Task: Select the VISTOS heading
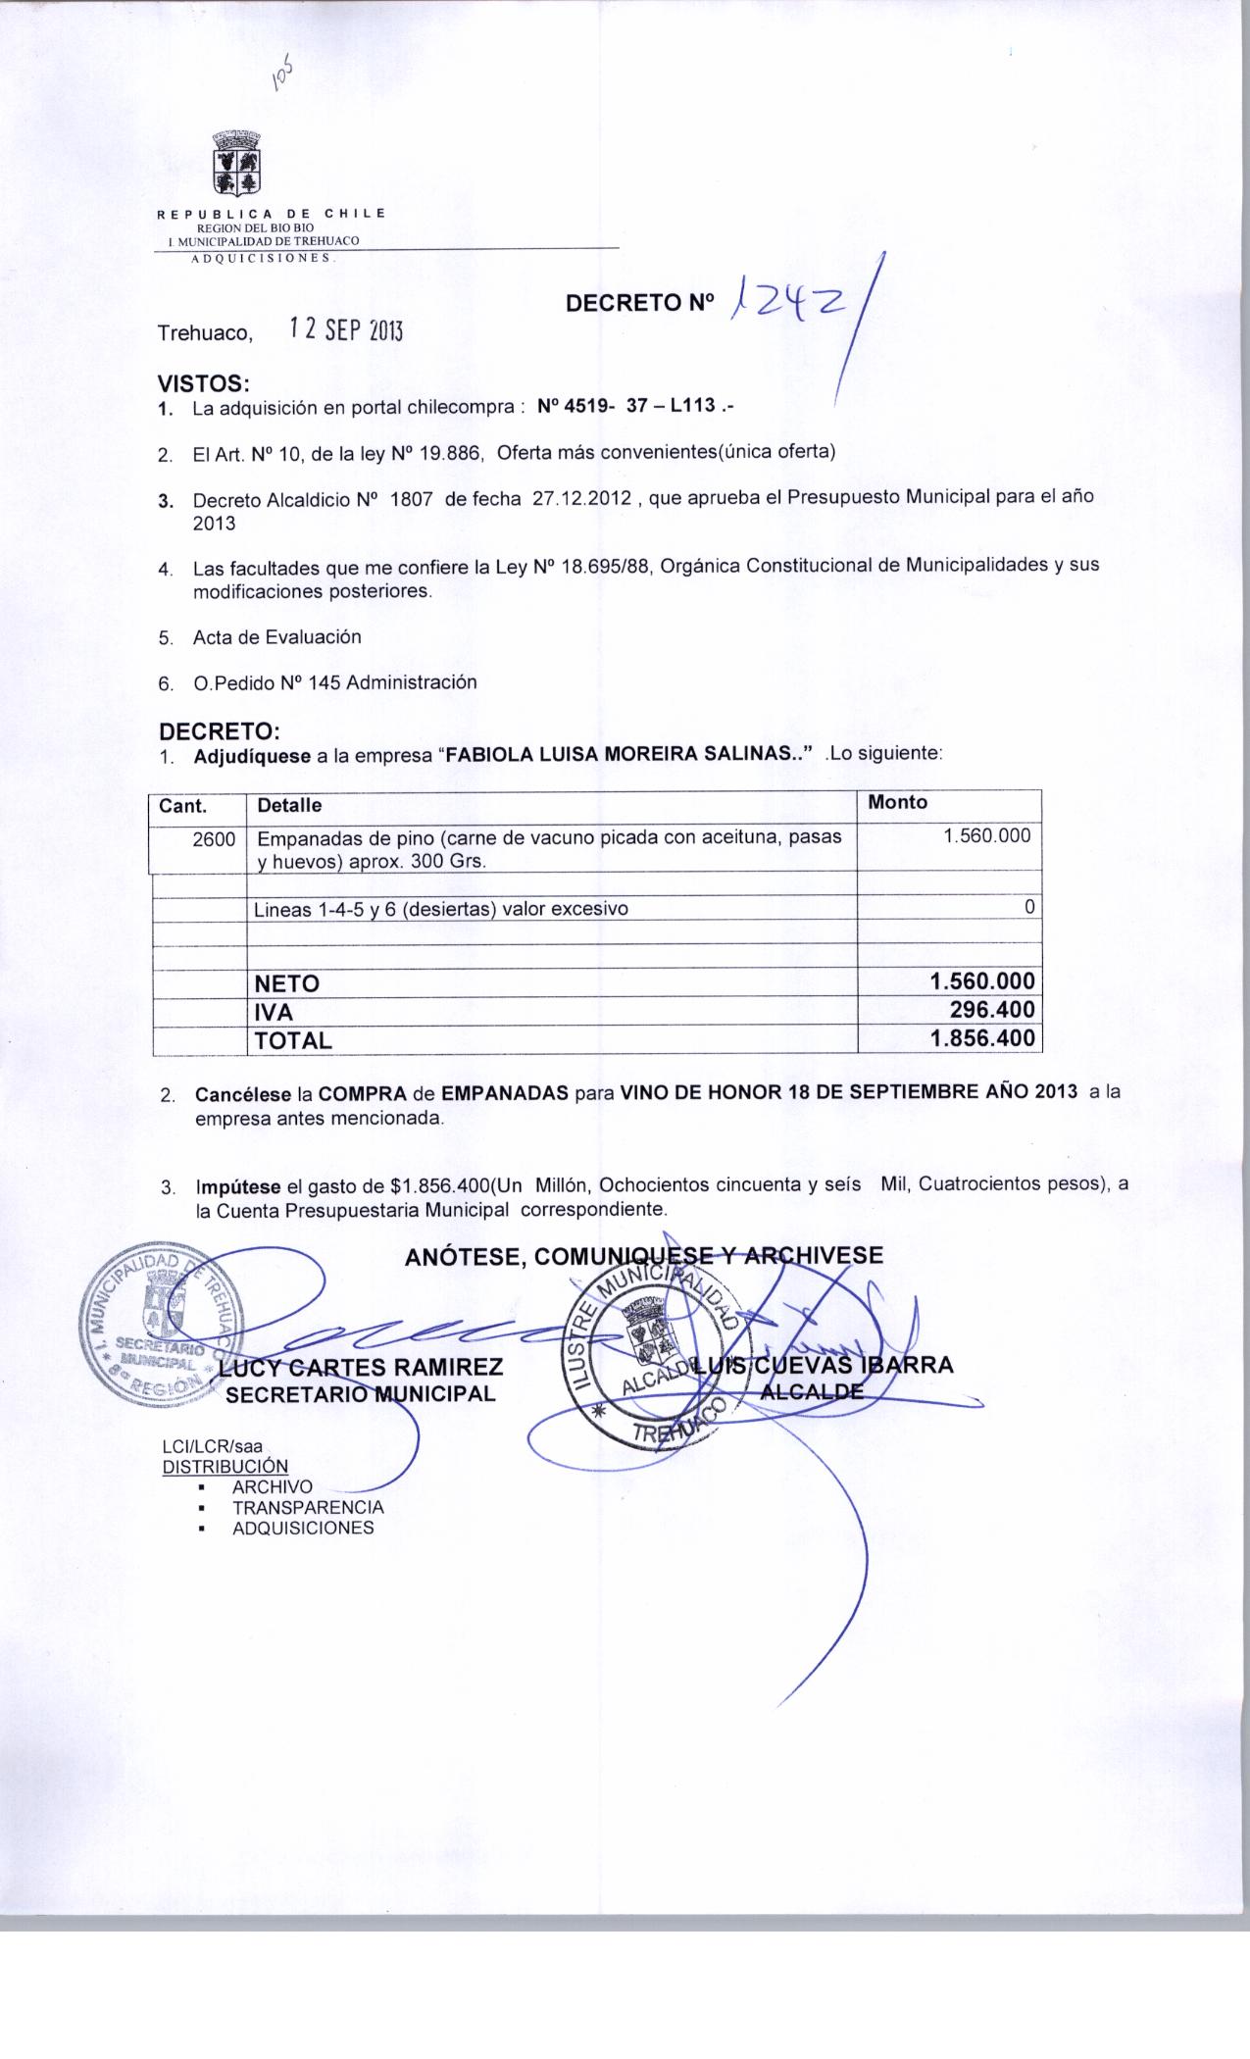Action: (204, 383)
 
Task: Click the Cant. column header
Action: (182, 806)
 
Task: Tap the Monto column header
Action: (897, 802)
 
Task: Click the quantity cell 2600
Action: (215, 838)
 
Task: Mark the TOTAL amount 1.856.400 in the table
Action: (982, 1038)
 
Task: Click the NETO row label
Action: (286, 983)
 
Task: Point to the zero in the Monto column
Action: (1028, 907)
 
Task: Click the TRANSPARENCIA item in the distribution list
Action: (308, 1507)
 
